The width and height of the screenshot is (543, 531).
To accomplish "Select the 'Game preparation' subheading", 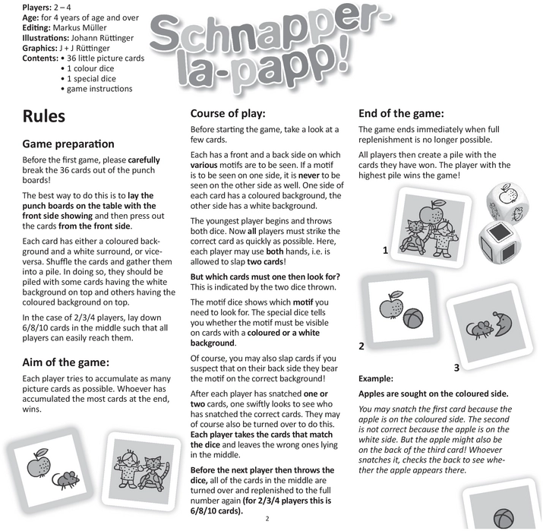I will (68, 144).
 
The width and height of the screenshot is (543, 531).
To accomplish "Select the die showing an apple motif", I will (506, 200).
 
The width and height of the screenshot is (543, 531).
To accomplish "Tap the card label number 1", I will (386, 250).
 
